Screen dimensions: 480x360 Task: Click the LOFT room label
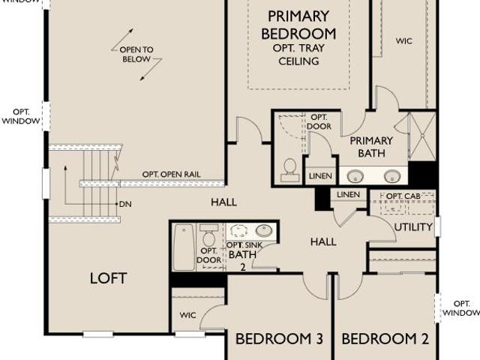coord(108,278)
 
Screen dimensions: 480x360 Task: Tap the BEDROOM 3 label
coord(279,339)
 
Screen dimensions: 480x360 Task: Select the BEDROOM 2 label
coord(385,339)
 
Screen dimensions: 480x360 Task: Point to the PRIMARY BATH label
coord(371,147)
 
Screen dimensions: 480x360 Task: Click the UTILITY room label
coord(413,227)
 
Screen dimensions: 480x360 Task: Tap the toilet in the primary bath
coord(289,170)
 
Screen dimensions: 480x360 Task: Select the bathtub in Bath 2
coord(184,247)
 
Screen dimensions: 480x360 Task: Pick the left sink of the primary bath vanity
coord(355,176)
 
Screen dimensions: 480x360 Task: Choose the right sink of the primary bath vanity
coord(392,176)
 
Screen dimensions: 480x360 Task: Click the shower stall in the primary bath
coord(422,136)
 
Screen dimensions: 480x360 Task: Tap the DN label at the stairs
coord(125,204)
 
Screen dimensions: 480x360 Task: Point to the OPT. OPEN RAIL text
coord(172,175)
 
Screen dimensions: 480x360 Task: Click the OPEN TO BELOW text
coord(136,54)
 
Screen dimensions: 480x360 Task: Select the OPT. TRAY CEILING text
coord(298,55)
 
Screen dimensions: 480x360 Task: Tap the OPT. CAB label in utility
coord(403,196)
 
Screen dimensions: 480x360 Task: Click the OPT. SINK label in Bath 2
coord(244,245)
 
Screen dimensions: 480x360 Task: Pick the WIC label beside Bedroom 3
coord(187,315)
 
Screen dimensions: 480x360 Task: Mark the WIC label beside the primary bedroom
coord(404,40)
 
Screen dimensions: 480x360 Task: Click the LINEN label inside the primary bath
coord(320,176)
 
